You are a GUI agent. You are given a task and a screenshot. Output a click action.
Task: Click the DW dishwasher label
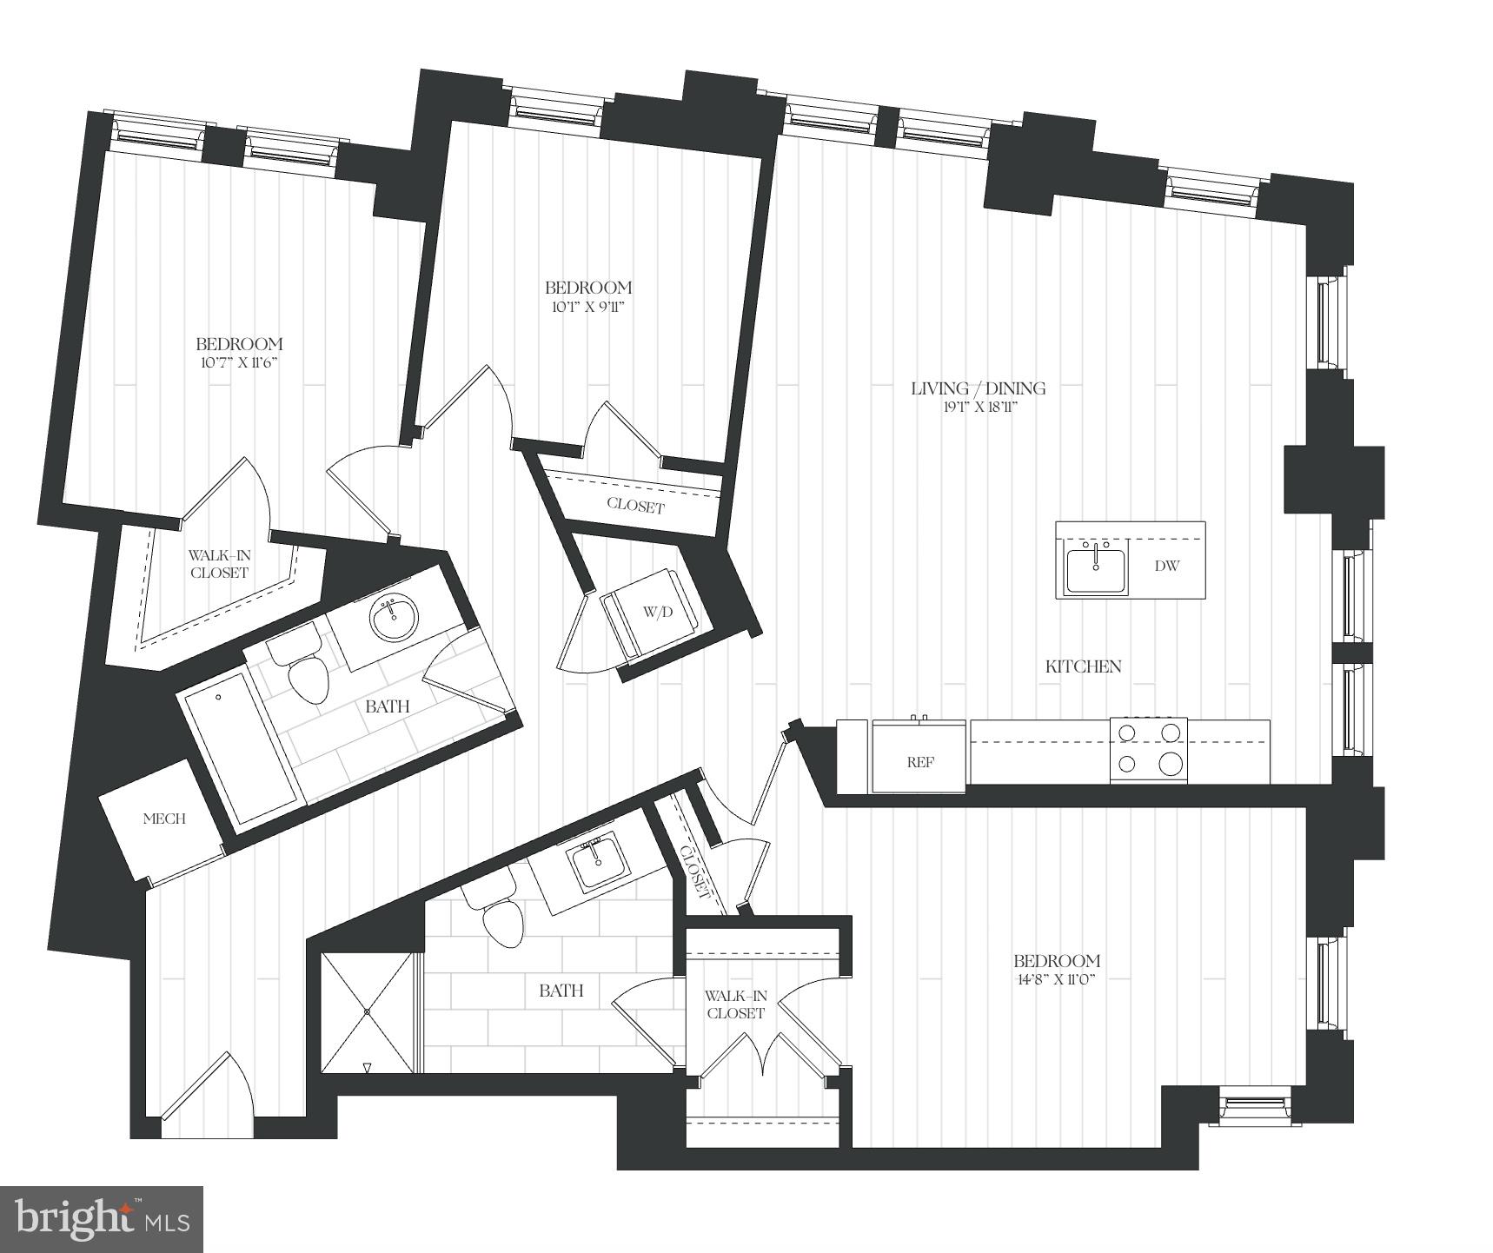[1167, 567]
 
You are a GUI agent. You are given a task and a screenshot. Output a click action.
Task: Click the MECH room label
[164, 819]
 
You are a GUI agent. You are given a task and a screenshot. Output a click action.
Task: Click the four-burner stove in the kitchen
[1148, 749]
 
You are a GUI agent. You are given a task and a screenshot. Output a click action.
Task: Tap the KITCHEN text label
[1083, 666]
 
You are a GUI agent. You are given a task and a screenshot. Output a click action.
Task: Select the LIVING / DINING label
[978, 388]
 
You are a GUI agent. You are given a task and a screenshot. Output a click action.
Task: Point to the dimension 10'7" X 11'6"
[238, 362]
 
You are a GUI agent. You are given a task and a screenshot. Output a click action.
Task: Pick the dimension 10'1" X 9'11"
[587, 306]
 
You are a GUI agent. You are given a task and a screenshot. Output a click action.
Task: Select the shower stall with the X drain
[368, 1012]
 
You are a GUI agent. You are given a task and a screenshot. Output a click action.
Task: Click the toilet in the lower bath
[501, 921]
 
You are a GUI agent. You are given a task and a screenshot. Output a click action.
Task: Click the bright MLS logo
[102, 1219]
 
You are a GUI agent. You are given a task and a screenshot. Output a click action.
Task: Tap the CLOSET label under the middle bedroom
[635, 506]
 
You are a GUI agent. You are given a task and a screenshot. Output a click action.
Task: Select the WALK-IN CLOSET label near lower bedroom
[735, 1004]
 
